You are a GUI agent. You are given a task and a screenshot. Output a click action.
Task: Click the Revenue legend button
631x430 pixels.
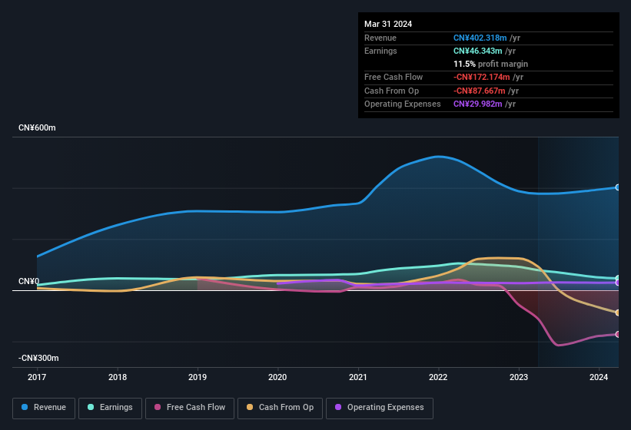coord(45,408)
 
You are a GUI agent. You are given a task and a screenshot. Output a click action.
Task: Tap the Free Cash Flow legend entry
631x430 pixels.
coord(190,408)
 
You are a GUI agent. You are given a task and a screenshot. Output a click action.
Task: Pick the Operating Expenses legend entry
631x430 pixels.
coord(380,408)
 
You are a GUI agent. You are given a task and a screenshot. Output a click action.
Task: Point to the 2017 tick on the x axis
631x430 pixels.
coord(37,377)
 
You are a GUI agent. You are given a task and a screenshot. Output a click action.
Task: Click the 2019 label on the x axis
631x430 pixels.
coord(198,377)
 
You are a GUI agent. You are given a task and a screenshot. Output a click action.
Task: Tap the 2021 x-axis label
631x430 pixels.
coord(357,377)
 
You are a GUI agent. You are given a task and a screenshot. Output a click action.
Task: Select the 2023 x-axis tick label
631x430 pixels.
coord(518,377)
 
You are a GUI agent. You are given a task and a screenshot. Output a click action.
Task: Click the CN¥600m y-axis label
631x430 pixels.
coord(38,127)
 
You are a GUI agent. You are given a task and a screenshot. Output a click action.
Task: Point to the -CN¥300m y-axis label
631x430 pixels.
coord(39,359)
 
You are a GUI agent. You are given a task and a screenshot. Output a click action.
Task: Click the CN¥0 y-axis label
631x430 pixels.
coord(29,282)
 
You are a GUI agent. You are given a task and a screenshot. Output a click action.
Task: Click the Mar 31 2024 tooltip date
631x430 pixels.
coord(388,24)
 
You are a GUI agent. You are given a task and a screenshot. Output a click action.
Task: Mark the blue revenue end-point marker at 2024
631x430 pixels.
coord(617,187)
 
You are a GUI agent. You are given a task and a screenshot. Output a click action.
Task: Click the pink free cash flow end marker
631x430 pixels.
coord(617,334)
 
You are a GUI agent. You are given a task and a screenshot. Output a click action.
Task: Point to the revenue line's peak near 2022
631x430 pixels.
coord(438,157)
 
